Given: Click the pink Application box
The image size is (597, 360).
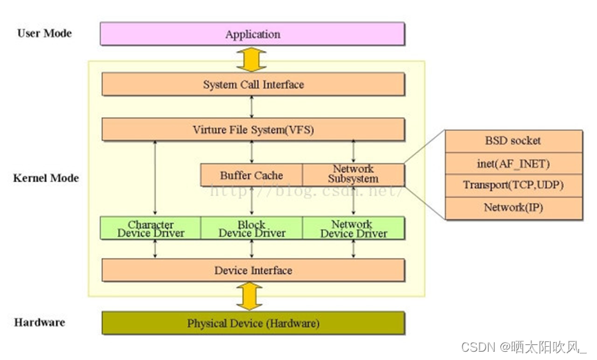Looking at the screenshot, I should tap(253, 34).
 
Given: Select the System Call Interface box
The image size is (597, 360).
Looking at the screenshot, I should tap(253, 85).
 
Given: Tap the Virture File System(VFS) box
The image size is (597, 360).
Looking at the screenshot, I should tap(253, 130).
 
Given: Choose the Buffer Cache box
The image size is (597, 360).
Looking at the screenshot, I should tap(251, 175).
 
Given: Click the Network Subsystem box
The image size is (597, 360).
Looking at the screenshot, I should tap(353, 174).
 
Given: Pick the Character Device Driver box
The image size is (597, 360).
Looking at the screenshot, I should tap(150, 228).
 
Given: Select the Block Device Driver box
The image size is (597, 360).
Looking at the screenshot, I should tap(251, 228).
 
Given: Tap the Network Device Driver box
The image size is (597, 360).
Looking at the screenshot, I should tap(353, 228).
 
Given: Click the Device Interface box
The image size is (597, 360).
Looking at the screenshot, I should tap(253, 270).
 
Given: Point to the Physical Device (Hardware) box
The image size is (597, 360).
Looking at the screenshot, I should tap(253, 323).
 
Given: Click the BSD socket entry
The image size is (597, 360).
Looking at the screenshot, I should tap(512, 141).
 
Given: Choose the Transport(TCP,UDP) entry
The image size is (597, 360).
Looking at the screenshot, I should tap(512, 186).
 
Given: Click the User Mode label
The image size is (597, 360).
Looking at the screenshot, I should tap(44, 33).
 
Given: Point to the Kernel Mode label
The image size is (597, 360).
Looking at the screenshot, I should tap(46, 178).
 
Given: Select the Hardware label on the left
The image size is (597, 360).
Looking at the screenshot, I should tap(40, 322).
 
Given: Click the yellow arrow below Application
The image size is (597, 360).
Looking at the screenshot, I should tap(253, 59).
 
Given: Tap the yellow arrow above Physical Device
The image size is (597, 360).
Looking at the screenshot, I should tap(253, 297).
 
